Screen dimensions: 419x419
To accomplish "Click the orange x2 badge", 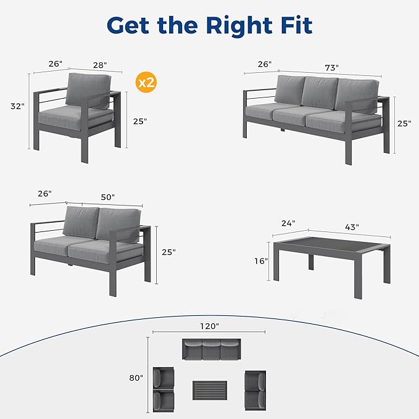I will pos(145,83).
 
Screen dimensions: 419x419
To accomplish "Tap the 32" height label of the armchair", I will pos(17,106).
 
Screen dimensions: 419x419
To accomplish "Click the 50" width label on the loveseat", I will pos(108,197).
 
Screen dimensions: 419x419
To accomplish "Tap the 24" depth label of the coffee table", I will pos(288,223).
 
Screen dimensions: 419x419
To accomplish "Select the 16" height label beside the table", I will pos(261,261).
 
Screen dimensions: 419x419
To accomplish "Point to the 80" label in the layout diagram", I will pos(136,376).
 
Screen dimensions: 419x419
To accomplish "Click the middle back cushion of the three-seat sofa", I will pos(319,92).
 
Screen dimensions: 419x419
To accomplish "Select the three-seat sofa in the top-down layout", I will pos(210,349).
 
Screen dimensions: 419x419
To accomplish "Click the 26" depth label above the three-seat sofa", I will pos(263,64).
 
